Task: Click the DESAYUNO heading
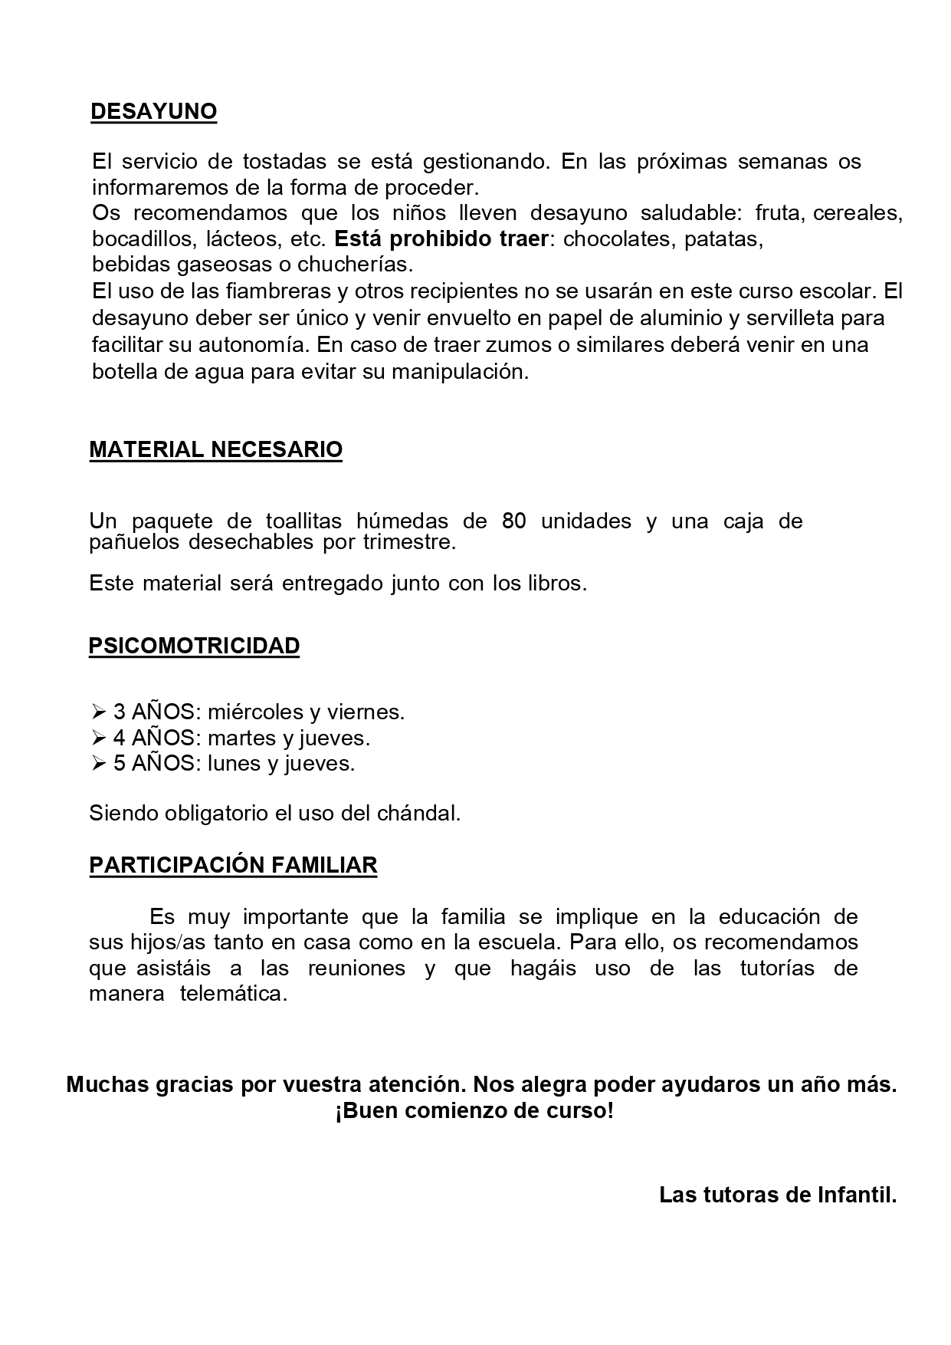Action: click(x=153, y=112)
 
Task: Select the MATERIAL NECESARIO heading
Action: click(x=215, y=450)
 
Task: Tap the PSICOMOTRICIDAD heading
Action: click(x=194, y=646)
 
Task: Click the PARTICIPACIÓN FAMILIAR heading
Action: click(x=233, y=866)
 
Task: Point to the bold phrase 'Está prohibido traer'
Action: click(x=441, y=239)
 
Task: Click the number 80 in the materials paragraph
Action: click(x=514, y=521)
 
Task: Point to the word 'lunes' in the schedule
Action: click(x=234, y=764)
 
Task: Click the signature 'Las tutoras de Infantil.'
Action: click(x=777, y=1195)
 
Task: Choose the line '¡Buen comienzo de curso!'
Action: click(x=474, y=1111)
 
